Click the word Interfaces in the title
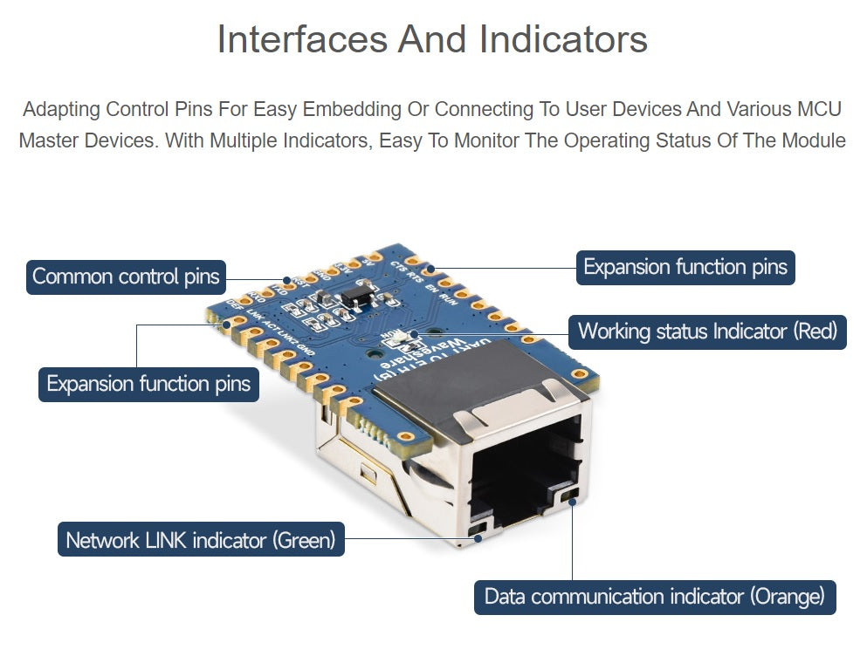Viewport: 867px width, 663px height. click(x=299, y=39)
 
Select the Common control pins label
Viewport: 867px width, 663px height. click(x=126, y=277)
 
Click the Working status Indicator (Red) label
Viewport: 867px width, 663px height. click(x=707, y=331)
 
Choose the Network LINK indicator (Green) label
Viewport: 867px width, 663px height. click(x=201, y=540)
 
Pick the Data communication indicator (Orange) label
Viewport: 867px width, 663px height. click(x=655, y=597)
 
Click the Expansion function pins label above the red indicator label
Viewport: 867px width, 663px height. click(x=685, y=267)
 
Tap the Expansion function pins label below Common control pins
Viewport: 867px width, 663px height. click(x=148, y=384)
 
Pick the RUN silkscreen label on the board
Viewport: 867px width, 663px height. click(x=447, y=299)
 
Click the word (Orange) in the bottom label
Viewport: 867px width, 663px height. click(x=786, y=597)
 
